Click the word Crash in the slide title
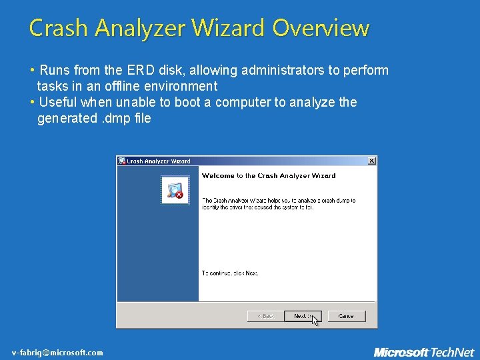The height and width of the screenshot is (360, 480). click(x=59, y=28)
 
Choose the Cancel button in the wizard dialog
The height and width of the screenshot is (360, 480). click(x=346, y=315)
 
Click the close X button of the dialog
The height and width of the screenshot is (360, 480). click(x=371, y=161)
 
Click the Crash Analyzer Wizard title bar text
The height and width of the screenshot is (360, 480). click(x=159, y=161)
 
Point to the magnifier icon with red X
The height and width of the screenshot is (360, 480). click(x=175, y=191)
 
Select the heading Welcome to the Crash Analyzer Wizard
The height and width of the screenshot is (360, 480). click(x=268, y=176)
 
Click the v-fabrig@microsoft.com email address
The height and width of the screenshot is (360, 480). click(x=57, y=353)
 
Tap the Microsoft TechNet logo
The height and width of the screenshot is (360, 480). click(x=423, y=352)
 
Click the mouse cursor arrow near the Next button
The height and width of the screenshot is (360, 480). click(x=315, y=320)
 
